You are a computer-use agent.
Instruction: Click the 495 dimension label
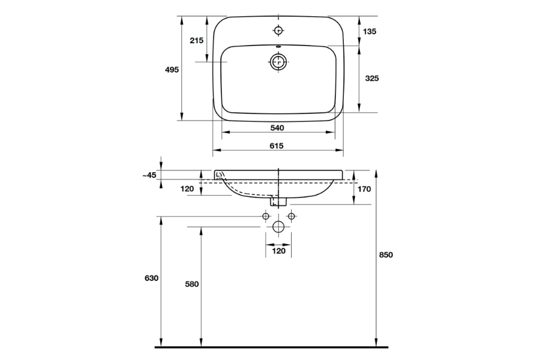(x=172, y=70)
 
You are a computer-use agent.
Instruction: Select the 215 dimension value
(x=196, y=40)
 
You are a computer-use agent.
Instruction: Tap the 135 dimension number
(x=370, y=31)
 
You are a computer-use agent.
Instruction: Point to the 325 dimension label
(x=371, y=79)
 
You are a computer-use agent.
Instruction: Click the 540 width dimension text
(x=277, y=128)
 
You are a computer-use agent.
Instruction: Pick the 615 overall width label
(x=277, y=145)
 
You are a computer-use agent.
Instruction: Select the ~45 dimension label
(x=149, y=175)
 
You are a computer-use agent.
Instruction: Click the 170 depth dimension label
(x=364, y=189)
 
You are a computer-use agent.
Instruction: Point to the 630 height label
(x=151, y=278)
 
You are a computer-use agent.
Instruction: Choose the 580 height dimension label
(x=192, y=284)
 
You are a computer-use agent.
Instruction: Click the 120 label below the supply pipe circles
(x=278, y=251)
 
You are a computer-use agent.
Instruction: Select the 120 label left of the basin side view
(x=188, y=189)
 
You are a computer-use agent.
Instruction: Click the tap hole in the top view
(x=278, y=30)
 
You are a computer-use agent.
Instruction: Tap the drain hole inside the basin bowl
(x=278, y=61)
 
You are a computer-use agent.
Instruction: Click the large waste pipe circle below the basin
(x=278, y=227)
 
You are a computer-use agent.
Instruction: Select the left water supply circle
(x=266, y=215)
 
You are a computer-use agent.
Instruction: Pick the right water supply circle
(x=291, y=215)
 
